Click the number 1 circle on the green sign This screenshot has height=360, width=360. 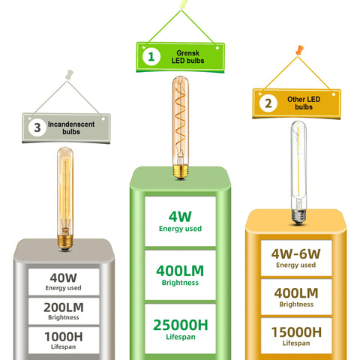151,57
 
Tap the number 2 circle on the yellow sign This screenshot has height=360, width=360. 268,103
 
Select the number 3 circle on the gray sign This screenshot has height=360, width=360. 37,127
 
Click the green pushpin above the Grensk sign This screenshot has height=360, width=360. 184,4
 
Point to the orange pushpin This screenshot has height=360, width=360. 299,50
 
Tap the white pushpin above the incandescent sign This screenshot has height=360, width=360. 69,74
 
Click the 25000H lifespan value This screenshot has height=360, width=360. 181,325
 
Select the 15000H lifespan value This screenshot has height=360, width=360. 296,332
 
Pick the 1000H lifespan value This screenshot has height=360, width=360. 64,337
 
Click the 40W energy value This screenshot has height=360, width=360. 64,277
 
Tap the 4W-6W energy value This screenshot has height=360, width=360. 296,254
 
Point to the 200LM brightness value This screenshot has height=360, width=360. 64,307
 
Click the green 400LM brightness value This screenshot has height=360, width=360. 180,271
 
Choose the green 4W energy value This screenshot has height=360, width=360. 180,217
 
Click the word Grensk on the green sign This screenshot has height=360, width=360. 187,53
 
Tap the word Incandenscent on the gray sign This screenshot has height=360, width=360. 71,124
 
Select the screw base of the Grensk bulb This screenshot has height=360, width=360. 181,172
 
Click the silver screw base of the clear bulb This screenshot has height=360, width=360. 298,217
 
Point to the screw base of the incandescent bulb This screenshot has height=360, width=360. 65,242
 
